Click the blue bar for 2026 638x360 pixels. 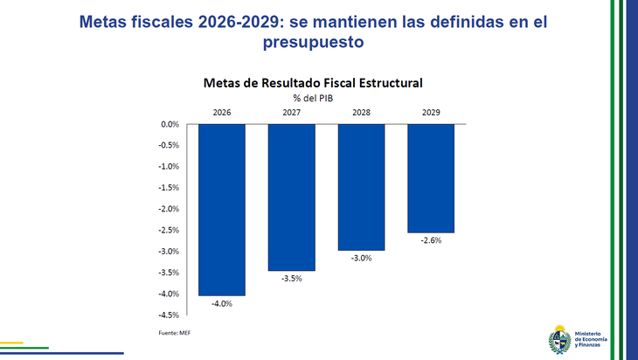pos(221,209)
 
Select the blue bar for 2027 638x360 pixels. pos(291,197)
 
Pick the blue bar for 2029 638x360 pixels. pos(430,177)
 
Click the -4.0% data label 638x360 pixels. pos(221,303)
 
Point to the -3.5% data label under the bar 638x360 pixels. pos(291,279)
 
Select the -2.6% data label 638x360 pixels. pos(430,240)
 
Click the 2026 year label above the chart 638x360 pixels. pos(221,113)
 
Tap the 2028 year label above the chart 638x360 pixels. pos(361,113)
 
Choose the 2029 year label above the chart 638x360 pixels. pos(430,113)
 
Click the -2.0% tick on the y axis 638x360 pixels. pos(168,209)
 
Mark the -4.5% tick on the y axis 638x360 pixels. pos(168,315)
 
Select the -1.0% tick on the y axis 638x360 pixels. pos(168,166)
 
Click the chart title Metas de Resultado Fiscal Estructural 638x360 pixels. pos(313,83)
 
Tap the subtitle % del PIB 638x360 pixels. pos(313,98)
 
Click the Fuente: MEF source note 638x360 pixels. pos(174,333)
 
